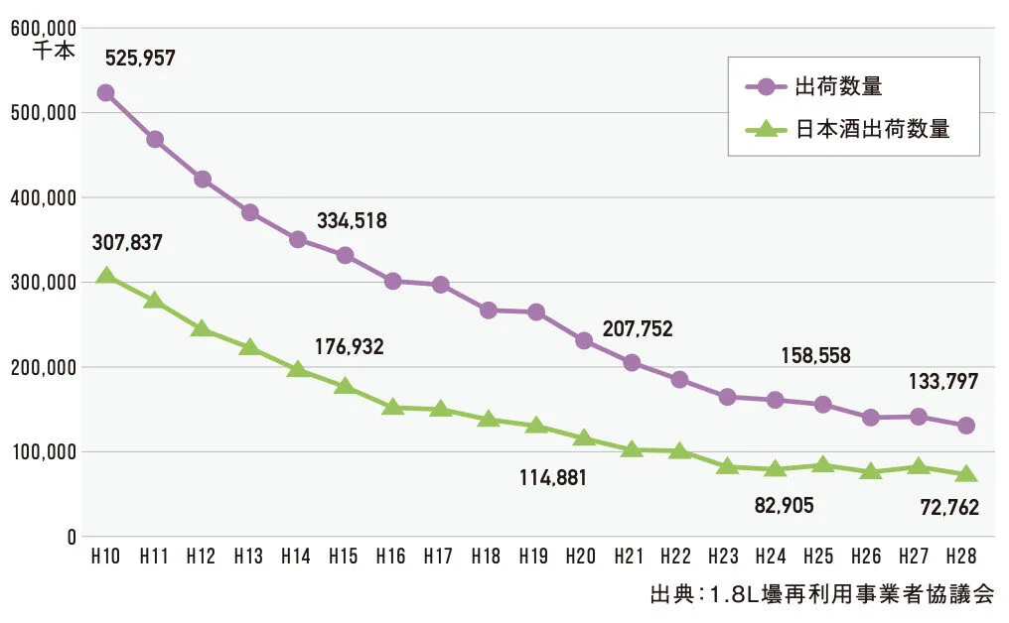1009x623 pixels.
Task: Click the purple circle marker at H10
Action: [x=105, y=93]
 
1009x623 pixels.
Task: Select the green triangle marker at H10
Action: [x=105, y=277]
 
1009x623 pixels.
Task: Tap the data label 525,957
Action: [x=140, y=58]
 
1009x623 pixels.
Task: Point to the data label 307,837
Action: [x=127, y=242]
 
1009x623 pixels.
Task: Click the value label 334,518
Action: [x=352, y=220]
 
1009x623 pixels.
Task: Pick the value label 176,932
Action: [x=349, y=347]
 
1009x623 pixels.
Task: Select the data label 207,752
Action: [x=638, y=329]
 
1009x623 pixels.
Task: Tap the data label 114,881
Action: [x=553, y=477]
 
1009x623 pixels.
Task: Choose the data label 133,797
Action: [x=942, y=380]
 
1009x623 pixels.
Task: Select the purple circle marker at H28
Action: [x=965, y=426]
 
